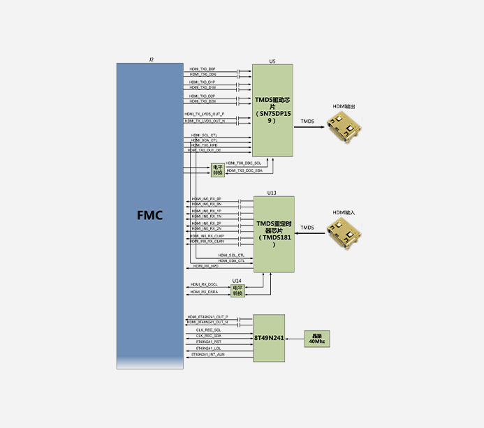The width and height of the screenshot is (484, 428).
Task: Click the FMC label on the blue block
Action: point(149,215)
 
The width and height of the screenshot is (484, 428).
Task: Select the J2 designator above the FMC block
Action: point(151,60)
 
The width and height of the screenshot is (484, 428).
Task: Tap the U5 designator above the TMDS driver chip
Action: point(272,61)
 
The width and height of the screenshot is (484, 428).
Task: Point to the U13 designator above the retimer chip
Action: point(272,193)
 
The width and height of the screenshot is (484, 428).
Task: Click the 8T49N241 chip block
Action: point(269,338)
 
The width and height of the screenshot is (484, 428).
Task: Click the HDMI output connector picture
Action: point(344,127)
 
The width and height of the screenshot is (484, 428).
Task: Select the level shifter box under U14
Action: point(237,290)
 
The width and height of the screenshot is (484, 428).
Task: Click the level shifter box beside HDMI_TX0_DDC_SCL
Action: point(217,170)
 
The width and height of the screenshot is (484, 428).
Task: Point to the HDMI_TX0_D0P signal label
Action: point(203,68)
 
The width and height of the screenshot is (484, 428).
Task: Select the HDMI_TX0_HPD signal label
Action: point(204,145)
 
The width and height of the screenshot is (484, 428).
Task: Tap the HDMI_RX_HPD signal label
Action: point(206,266)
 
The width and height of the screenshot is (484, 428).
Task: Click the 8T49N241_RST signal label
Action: point(208,341)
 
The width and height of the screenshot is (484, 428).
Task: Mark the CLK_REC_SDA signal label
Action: point(208,335)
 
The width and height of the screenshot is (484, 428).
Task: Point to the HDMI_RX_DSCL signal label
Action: point(204,284)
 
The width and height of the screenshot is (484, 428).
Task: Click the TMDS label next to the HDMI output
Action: point(307,121)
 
